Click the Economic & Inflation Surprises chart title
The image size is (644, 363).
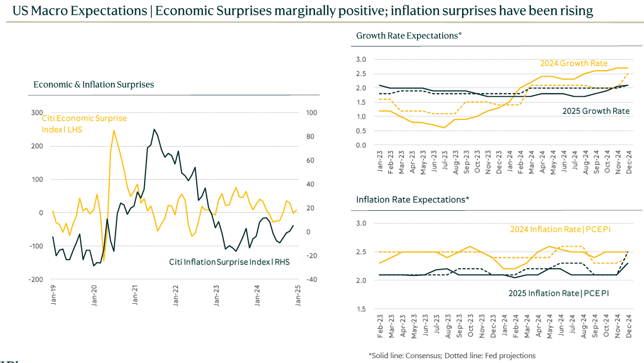click(94, 85)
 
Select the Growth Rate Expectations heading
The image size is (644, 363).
click(408, 35)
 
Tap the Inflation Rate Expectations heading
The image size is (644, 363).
click(412, 199)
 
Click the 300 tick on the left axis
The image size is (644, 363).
click(37, 113)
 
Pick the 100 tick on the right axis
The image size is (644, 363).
click(311, 113)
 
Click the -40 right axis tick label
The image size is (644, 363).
click(311, 279)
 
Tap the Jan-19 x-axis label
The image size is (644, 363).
click(53, 295)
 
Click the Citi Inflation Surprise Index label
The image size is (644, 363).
click(229, 262)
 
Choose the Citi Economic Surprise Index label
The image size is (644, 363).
click(84, 124)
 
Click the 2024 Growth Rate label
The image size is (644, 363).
click(574, 63)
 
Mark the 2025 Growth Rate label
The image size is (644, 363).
click(596, 111)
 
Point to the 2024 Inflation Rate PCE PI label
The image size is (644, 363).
click(560, 229)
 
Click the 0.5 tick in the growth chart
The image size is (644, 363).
click(361, 131)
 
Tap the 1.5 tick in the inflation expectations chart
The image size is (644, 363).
click(361, 309)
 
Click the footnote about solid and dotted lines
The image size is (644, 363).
click(452, 355)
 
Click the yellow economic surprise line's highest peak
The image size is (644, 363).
click(113, 130)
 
